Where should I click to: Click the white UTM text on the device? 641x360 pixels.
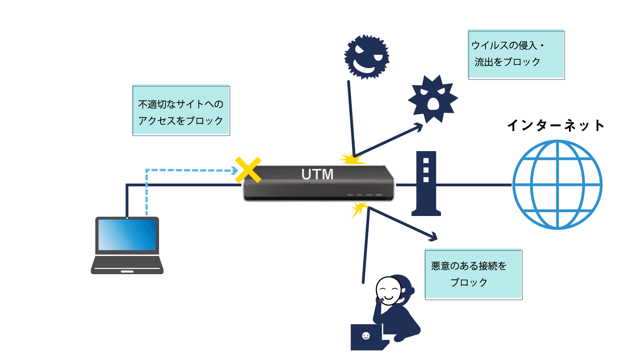(317, 174)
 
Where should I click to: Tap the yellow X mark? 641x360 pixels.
(248, 170)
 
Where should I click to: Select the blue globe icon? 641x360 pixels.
(557, 184)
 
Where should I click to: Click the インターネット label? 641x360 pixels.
(556, 125)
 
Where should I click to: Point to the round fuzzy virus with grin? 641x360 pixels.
(367, 57)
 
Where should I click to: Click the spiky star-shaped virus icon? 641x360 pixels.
(433, 99)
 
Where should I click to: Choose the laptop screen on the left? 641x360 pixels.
(127, 235)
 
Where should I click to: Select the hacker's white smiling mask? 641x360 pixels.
(388, 291)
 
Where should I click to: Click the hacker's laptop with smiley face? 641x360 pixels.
(367, 337)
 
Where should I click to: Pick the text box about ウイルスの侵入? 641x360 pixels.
(516, 54)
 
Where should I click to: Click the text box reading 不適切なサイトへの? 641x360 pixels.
(181, 110)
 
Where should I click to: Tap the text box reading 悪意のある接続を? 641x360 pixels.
(473, 274)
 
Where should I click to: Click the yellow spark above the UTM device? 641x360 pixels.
(351, 159)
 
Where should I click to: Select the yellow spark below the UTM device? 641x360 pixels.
(359, 208)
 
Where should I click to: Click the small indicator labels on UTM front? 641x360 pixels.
(364, 195)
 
